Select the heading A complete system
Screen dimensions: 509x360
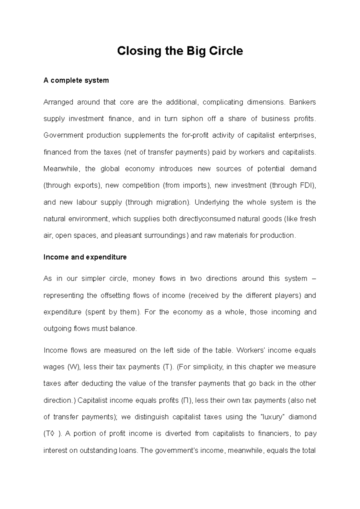(76, 80)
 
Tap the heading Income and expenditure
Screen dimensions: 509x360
(85, 257)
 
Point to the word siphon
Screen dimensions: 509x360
(192, 119)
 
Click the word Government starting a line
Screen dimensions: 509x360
(63, 135)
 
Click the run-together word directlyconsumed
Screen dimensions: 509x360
(207, 219)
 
